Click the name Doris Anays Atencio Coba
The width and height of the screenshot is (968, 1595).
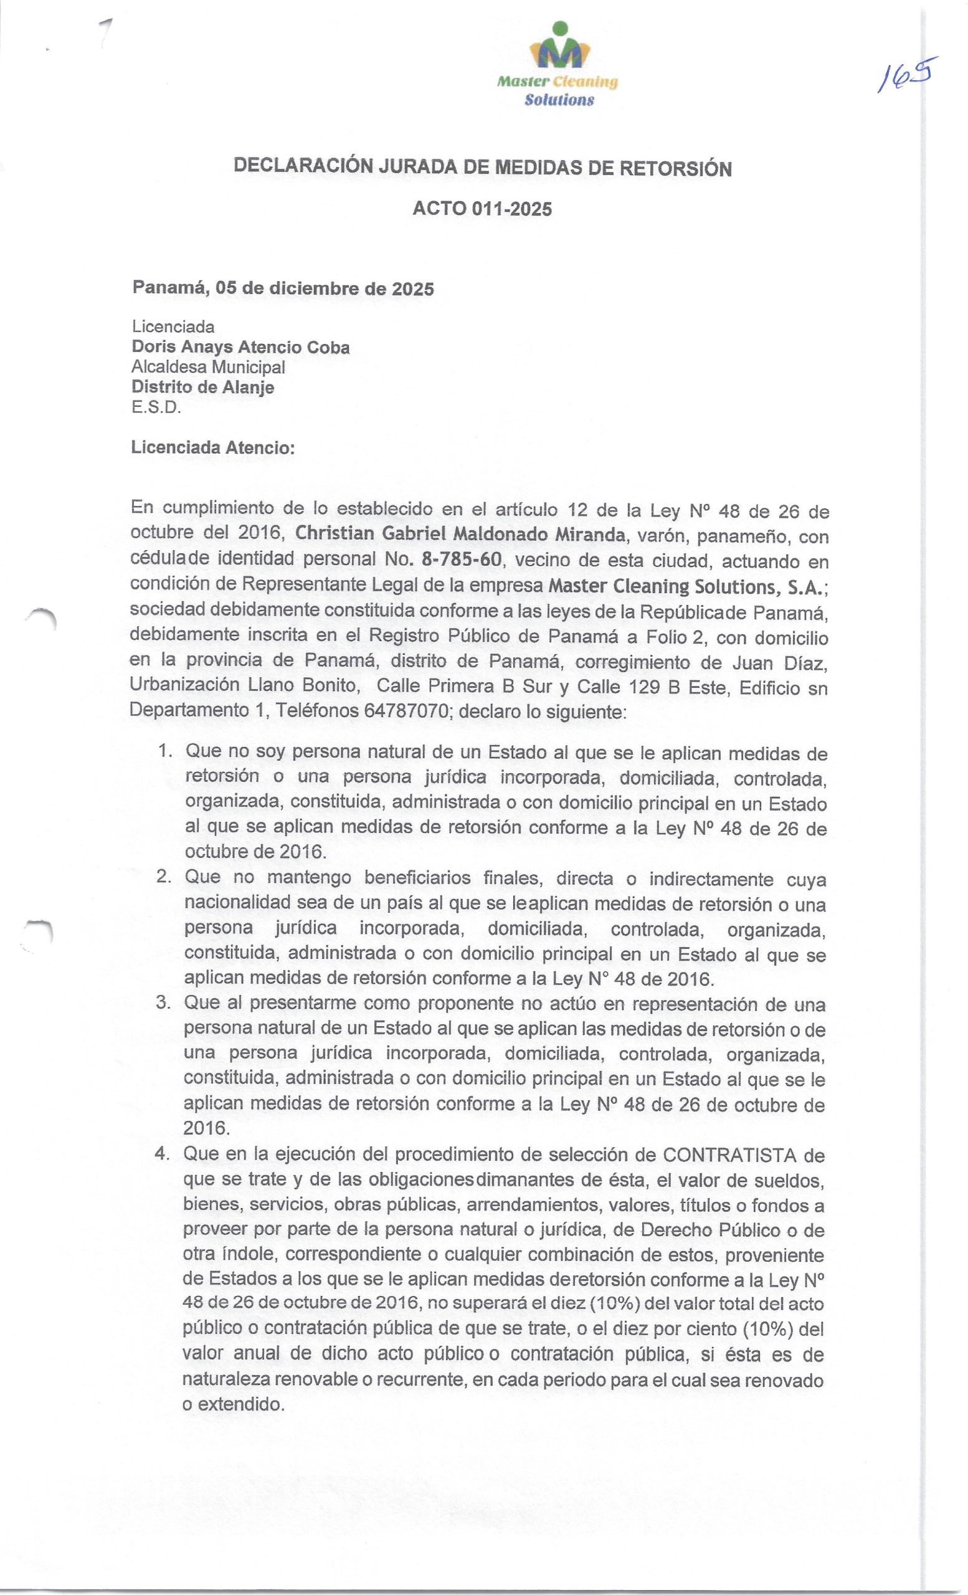pos(240,348)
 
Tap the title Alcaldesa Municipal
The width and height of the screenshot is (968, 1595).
pos(207,367)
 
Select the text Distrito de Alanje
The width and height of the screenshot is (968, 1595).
pos(202,387)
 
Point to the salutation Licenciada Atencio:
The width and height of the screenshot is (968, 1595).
pos(212,447)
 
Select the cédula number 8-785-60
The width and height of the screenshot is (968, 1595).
pos(461,559)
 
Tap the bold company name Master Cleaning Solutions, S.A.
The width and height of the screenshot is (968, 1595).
pos(685,586)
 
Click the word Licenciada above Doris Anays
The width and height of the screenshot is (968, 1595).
pos(173,327)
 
